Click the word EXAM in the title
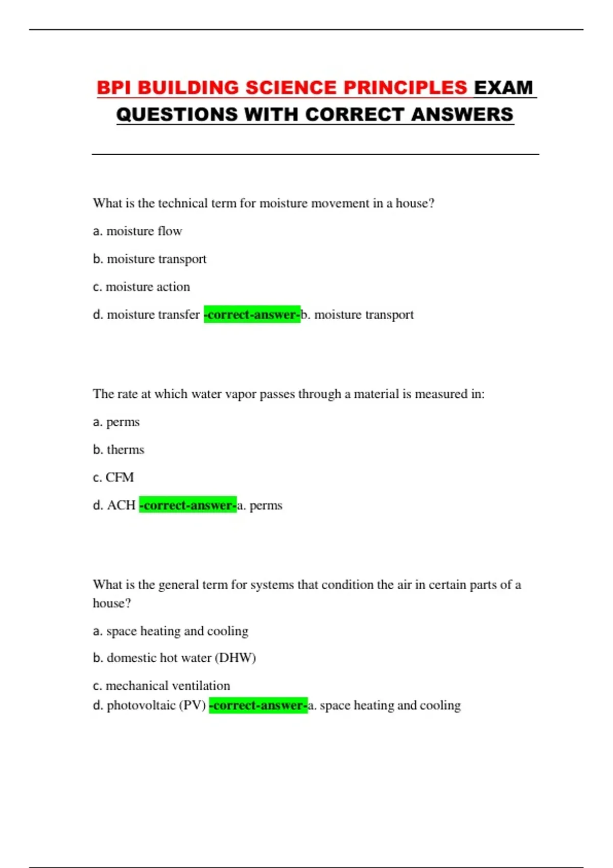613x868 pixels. pyautogui.click(x=503, y=88)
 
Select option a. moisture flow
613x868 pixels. pyautogui.click(x=137, y=231)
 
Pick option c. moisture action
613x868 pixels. pyautogui.click(x=142, y=287)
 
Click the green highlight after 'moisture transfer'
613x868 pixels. pyautogui.click(x=252, y=315)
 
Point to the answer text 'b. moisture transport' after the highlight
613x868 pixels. pyautogui.click(x=358, y=315)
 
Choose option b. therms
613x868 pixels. pyautogui.click(x=119, y=450)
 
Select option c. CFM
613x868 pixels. pyautogui.click(x=113, y=477)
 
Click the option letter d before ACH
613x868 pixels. pyautogui.click(x=98, y=505)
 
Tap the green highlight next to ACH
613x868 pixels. pyautogui.click(x=187, y=505)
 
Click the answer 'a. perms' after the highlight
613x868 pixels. pyautogui.click(x=260, y=505)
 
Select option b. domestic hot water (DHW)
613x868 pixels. pyautogui.click(x=174, y=658)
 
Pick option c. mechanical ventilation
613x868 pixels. pyautogui.click(x=161, y=686)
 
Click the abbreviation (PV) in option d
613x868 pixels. pyautogui.click(x=194, y=706)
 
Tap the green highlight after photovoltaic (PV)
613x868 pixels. pyautogui.click(x=258, y=706)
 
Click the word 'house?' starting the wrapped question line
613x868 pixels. pyautogui.click(x=112, y=604)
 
